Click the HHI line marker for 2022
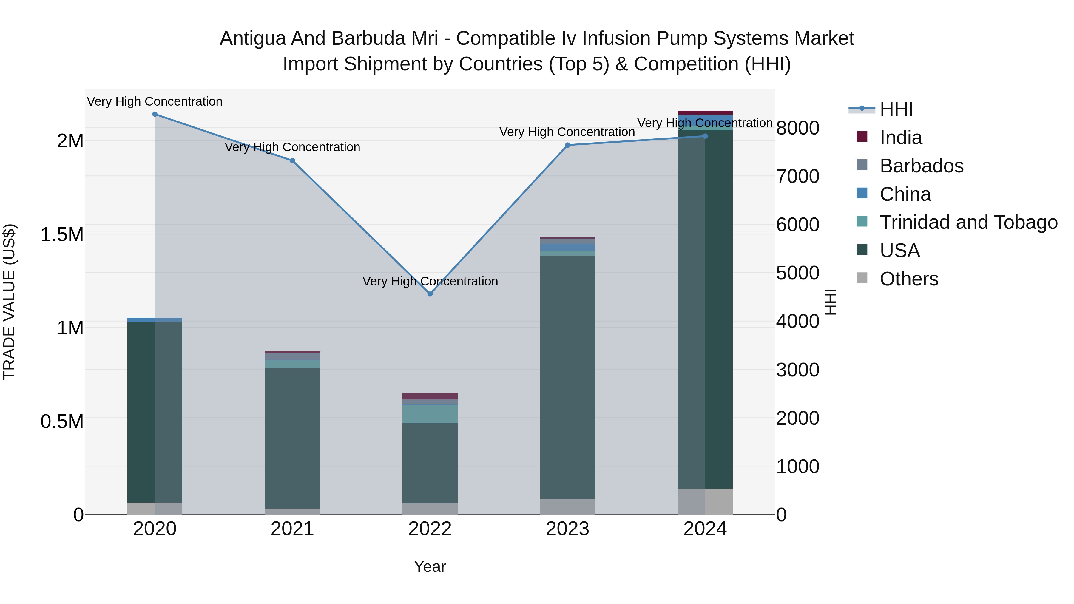coord(430,294)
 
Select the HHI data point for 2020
coord(155,114)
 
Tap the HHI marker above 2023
coord(567,145)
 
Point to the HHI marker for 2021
coord(292,160)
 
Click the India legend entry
coord(901,138)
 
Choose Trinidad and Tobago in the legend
coord(968,222)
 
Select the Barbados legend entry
coord(922,166)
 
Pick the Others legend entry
coord(909,279)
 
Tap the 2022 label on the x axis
coord(430,529)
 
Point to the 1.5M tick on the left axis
coord(62,234)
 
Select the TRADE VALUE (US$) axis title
coord(9,302)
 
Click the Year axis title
coord(430,566)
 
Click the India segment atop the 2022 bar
coord(430,396)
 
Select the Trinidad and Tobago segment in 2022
coord(430,414)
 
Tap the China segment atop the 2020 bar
coord(155,320)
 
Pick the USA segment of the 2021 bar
coord(292,438)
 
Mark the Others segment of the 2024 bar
coord(705,501)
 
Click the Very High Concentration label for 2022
coord(430,281)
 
